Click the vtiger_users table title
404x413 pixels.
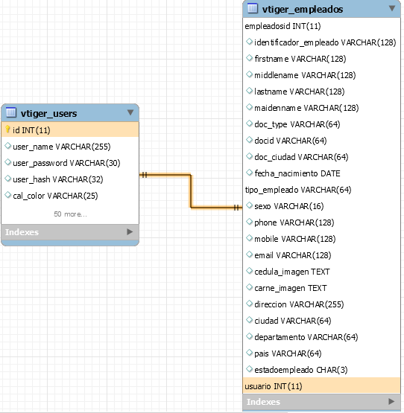click(48, 114)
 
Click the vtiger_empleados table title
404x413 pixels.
click(303, 10)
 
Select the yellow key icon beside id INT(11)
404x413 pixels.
click(8, 129)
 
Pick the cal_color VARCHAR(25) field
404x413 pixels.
click(55, 196)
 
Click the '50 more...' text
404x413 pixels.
click(70, 214)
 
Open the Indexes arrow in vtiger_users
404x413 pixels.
click(130, 231)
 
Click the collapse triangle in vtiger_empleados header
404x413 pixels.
click(392, 8)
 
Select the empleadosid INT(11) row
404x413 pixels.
click(283, 26)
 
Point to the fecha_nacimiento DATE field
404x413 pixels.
click(297, 173)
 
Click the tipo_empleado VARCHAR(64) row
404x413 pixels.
click(298, 190)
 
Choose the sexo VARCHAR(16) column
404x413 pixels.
click(289, 206)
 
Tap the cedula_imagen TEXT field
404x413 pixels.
click(292, 272)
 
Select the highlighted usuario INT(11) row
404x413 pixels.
click(274, 386)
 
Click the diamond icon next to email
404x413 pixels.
click(249, 254)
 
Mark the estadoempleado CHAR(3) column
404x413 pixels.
click(301, 370)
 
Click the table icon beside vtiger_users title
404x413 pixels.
click(11, 112)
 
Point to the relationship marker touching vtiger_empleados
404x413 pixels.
click(237, 208)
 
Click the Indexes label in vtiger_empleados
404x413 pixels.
click(263, 402)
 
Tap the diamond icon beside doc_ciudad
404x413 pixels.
click(249, 156)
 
